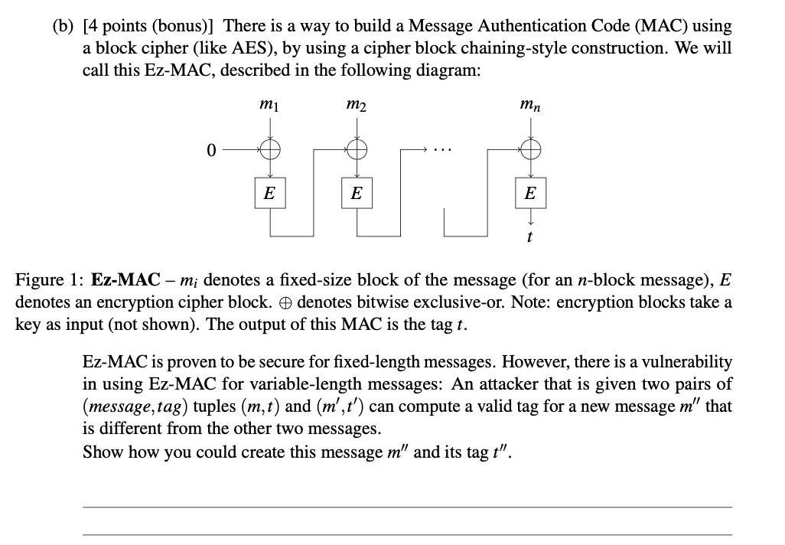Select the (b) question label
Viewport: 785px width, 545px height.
pyautogui.click(x=64, y=27)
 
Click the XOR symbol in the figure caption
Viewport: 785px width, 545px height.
pyautogui.click(x=286, y=302)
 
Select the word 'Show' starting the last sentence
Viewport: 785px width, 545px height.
pyautogui.click(x=101, y=452)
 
